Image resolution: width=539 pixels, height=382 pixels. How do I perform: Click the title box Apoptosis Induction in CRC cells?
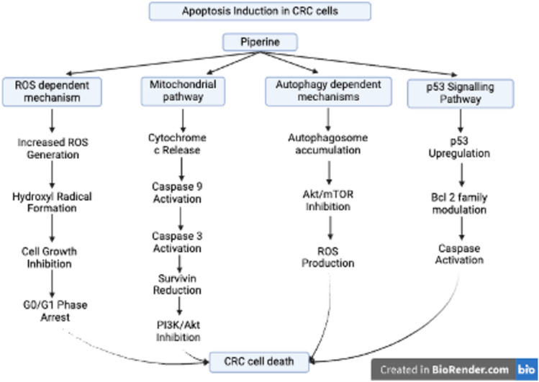point(260,11)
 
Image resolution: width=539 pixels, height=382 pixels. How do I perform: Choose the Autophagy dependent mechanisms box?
point(328,92)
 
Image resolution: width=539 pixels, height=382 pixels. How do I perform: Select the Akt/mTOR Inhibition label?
point(328,201)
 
